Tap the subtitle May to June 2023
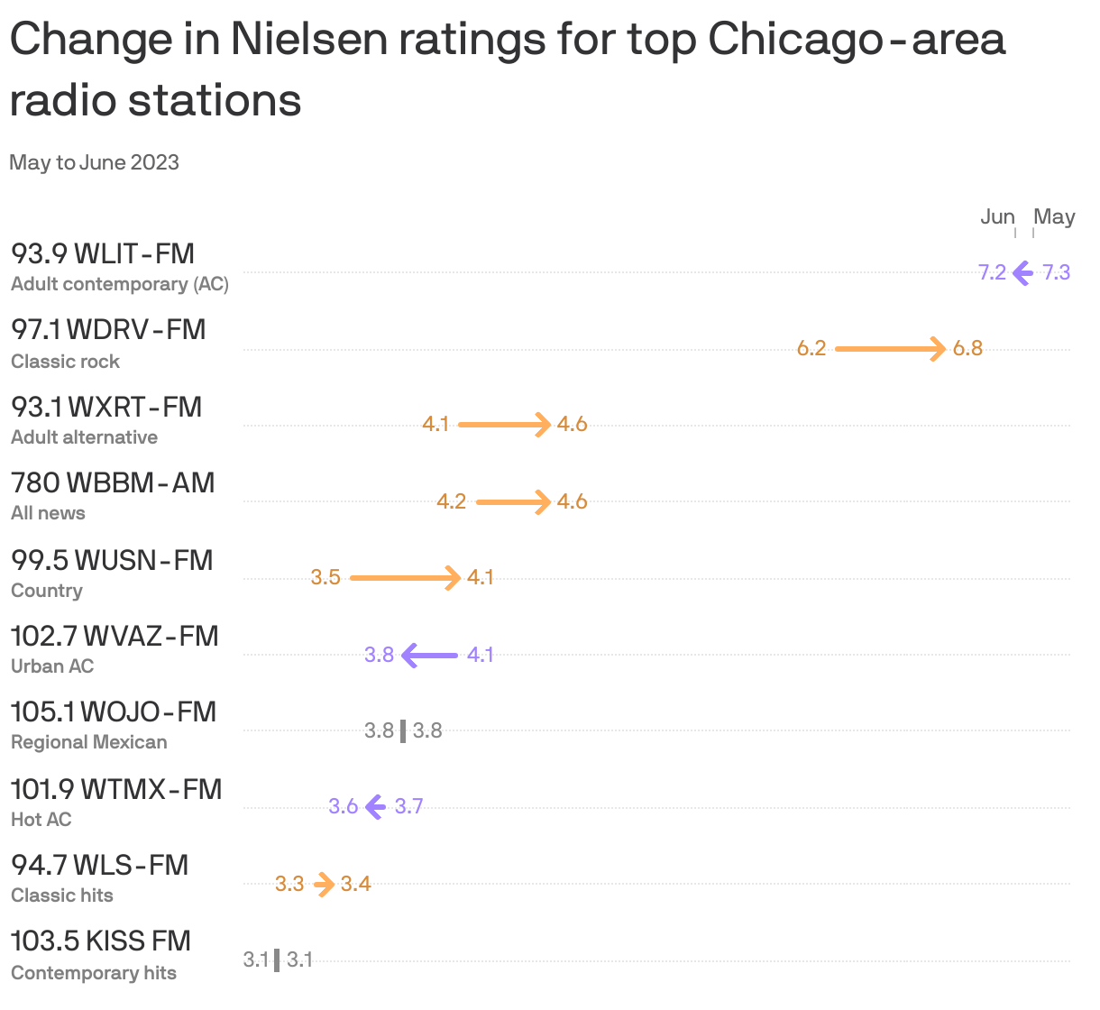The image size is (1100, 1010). coord(94,162)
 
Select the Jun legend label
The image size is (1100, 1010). coord(997,216)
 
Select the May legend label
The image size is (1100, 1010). coord(1054,216)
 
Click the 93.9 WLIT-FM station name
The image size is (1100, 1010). coord(103,253)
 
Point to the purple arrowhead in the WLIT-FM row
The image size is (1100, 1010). coord(1022,272)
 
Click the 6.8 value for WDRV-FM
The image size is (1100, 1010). coord(967,348)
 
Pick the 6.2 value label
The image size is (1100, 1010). coord(811,348)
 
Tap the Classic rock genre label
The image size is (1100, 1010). coord(65,361)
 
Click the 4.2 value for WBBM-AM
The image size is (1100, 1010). coord(451,501)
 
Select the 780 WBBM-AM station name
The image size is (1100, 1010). coord(113,482)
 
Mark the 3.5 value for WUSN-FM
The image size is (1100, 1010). coord(325,577)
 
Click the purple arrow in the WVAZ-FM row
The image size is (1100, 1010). coord(430,655)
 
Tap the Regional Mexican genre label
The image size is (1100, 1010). coord(88,742)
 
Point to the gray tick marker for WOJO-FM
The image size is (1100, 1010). coord(403,730)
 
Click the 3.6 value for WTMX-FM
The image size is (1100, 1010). coord(343,806)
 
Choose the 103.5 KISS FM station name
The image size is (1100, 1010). coord(101,941)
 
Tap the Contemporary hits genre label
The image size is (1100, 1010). coord(94,973)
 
